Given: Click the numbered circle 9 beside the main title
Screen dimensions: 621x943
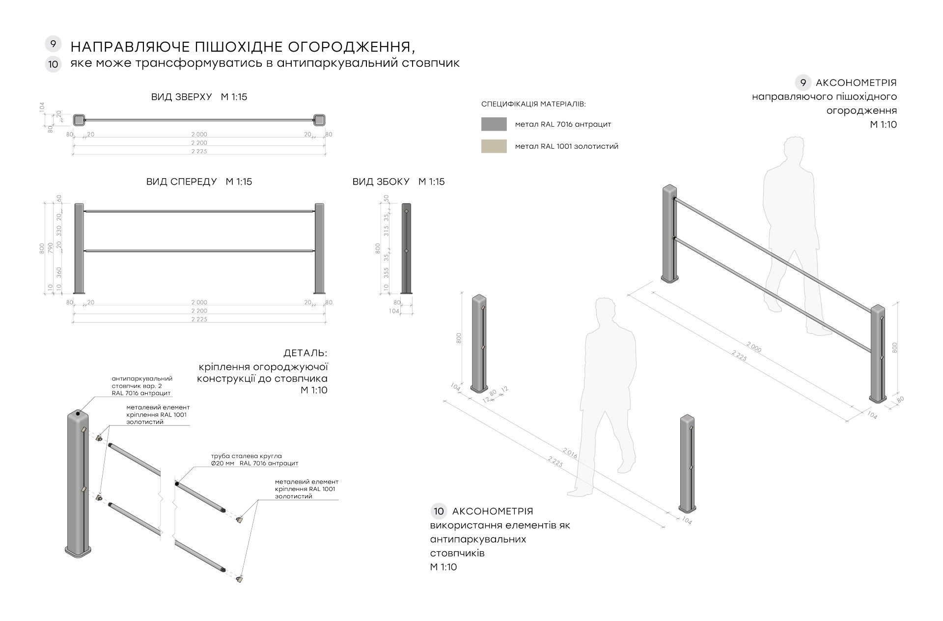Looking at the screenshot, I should click(53, 44).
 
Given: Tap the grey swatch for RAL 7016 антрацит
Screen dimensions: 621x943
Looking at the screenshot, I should click(494, 124).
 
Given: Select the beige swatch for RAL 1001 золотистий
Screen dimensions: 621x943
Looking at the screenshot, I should click(494, 146).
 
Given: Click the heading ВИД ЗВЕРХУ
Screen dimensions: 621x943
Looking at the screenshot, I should click(182, 97).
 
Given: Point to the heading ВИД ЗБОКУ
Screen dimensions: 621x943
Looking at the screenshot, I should click(381, 182).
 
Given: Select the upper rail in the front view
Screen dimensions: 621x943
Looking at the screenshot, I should click(199, 212).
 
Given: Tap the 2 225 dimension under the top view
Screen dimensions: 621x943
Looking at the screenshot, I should click(199, 152).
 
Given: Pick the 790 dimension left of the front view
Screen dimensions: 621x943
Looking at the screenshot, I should click(51, 248).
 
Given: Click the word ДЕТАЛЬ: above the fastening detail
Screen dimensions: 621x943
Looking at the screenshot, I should click(305, 353).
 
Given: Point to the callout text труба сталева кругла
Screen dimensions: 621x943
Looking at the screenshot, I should click(246, 456).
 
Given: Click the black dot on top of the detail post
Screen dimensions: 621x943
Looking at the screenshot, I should click(78, 414).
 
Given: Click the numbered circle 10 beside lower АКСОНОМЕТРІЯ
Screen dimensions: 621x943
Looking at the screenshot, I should click(439, 511).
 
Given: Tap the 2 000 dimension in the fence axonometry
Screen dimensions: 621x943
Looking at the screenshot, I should click(753, 347).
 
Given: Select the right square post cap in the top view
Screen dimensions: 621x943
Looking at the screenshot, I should click(319, 119).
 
